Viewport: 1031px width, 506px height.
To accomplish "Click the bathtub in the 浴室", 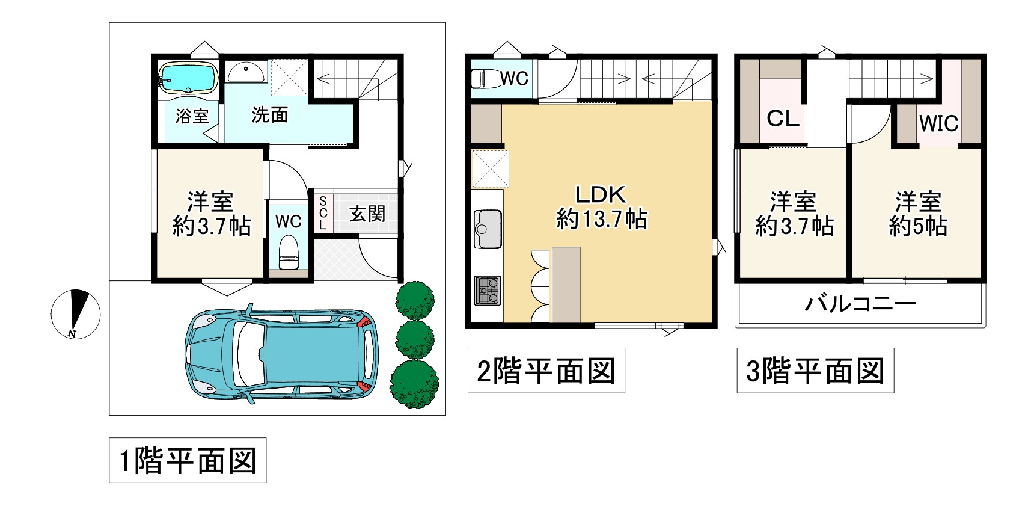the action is [x=188, y=78].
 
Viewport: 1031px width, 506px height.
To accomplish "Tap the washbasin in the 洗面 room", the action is [x=246, y=72].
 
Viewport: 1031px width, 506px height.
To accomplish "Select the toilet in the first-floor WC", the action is [x=289, y=252].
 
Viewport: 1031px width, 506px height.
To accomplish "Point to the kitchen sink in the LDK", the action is [x=488, y=229].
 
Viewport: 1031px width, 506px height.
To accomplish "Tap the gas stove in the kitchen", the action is [x=488, y=291].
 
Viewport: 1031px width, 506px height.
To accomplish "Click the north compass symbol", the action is [x=75, y=314].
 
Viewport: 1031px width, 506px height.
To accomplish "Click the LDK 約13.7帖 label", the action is [x=602, y=206].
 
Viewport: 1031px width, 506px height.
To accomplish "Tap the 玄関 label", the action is [x=367, y=213].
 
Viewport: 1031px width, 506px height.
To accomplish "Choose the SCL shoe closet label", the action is [x=323, y=213].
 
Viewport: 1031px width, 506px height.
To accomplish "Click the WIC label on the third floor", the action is [x=938, y=123].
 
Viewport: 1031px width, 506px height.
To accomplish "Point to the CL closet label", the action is [x=783, y=119].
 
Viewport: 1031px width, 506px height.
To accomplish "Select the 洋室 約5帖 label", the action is [x=918, y=214].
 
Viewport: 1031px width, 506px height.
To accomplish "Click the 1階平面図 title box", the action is [x=188, y=460].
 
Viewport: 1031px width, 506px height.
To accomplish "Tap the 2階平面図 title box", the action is [x=546, y=371].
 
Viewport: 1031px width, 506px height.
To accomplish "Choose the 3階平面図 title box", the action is [x=815, y=371].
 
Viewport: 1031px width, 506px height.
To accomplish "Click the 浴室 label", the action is [x=192, y=116].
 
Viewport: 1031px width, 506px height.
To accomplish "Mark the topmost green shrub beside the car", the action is [x=415, y=300].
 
